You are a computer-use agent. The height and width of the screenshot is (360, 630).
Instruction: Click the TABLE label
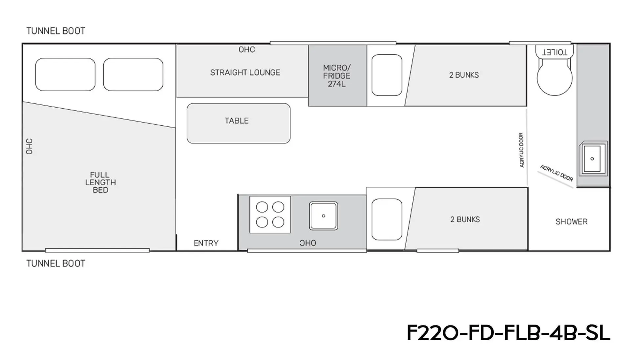tap(237, 121)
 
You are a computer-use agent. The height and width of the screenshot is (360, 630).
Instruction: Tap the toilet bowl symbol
tap(555, 77)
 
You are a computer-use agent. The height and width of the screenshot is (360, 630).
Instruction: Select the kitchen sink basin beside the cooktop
tap(324, 216)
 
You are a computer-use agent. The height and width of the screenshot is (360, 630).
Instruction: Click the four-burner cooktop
tap(270, 215)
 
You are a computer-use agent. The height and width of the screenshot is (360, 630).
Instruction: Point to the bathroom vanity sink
tap(593, 159)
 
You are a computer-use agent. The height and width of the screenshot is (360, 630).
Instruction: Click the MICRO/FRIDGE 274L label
tap(337, 76)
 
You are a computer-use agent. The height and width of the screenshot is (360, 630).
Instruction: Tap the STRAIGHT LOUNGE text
tap(245, 73)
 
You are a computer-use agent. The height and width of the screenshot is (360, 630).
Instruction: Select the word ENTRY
tap(206, 243)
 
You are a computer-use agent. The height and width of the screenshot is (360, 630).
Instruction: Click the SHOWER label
tap(572, 222)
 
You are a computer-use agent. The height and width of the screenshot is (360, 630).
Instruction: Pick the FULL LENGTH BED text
tap(100, 182)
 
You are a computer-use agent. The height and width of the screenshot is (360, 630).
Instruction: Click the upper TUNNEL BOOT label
tap(56, 31)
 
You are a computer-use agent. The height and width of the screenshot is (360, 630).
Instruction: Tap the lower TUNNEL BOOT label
tap(56, 264)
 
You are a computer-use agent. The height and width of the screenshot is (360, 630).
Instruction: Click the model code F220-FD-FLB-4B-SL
tap(508, 333)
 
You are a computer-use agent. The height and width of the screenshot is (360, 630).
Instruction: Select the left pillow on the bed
tap(65, 74)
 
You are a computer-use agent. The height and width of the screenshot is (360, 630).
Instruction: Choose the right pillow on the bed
tap(133, 74)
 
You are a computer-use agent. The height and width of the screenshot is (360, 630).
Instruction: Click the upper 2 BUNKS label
tap(464, 75)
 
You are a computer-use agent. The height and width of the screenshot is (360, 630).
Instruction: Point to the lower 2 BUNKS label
tap(465, 220)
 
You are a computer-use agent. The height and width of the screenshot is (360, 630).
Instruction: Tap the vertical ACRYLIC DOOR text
tap(521, 150)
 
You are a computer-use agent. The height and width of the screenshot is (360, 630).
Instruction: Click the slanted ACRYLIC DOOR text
tap(556, 173)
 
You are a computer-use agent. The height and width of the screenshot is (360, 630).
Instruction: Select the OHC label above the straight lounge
tap(247, 50)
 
